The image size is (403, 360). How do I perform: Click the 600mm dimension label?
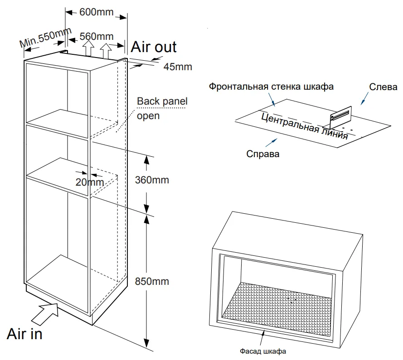(96, 12)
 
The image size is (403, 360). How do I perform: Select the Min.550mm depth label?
(45, 38)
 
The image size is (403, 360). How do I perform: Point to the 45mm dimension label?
(178, 67)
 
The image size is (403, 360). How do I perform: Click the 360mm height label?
(152, 180)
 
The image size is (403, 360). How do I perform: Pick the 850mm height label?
(152, 281)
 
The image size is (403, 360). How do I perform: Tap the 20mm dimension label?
(90, 182)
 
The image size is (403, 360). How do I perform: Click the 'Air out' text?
(154, 47)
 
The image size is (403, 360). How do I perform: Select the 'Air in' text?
(24, 334)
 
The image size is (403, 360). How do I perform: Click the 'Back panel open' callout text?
(162, 108)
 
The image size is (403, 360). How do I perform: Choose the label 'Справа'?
(263, 154)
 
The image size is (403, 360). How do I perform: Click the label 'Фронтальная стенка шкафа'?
(271, 86)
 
